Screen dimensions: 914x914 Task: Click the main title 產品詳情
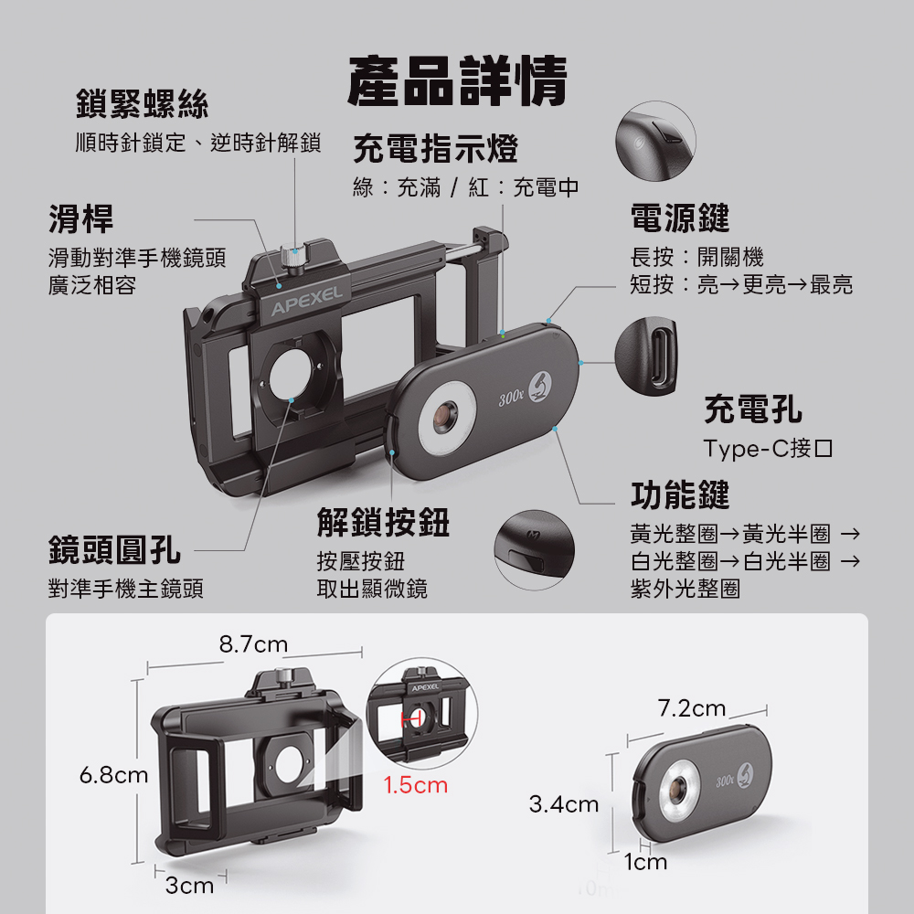tap(457, 81)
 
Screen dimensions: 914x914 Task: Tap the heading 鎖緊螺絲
tap(143, 104)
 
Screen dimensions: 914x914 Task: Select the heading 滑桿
tap(81, 218)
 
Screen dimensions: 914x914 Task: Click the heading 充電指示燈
tap(435, 148)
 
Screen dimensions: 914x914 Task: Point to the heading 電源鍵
tap(680, 218)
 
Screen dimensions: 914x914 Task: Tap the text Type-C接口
tap(769, 448)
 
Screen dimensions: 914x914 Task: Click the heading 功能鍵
tap(680, 494)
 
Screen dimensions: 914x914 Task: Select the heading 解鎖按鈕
tap(383, 522)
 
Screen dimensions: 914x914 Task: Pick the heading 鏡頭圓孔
tap(114, 549)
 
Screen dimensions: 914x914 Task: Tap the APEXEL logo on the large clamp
tap(306, 300)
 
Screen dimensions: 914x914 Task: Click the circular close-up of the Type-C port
tap(646, 356)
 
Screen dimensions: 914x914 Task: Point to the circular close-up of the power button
tap(655, 141)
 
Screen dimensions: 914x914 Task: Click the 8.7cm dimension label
tap(253, 644)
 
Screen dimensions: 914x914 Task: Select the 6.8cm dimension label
tap(113, 775)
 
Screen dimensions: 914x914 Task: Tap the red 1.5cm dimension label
tap(416, 785)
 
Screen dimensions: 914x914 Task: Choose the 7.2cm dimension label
tap(692, 708)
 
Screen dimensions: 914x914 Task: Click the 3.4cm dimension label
tap(564, 804)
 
